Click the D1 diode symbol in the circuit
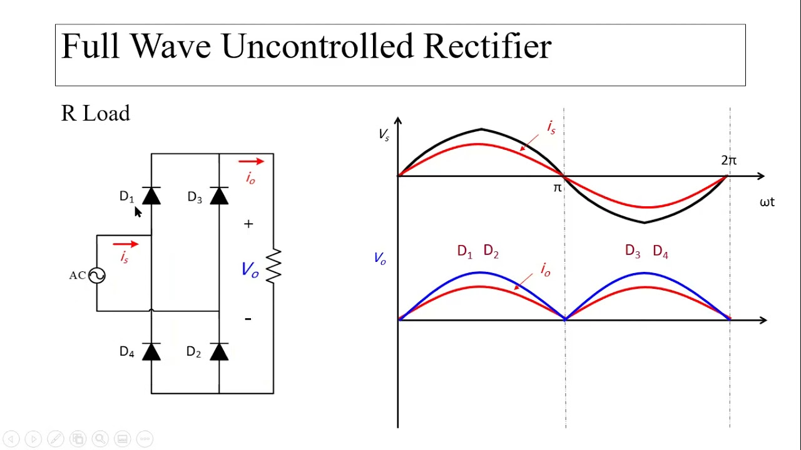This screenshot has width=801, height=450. (x=151, y=196)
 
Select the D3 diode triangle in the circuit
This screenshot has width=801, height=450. (x=219, y=196)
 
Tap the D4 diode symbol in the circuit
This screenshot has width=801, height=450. (x=151, y=351)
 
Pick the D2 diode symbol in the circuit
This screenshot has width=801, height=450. (x=219, y=351)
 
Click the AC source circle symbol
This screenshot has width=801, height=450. (x=97, y=276)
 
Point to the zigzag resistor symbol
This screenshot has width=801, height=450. (x=273, y=266)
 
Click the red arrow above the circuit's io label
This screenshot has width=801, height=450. (x=251, y=161)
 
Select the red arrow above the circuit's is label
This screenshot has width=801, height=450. (x=126, y=244)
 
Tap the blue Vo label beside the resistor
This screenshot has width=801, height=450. (x=250, y=269)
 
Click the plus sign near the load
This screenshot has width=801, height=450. (x=248, y=224)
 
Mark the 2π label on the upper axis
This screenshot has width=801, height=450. (x=729, y=161)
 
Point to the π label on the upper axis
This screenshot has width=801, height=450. (x=558, y=187)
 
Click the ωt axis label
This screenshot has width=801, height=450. (x=767, y=202)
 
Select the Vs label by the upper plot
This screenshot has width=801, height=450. (x=384, y=135)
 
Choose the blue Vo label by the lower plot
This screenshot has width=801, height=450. (x=380, y=258)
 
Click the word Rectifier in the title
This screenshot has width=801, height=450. (x=487, y=46)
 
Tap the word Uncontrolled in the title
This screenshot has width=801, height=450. (x=318, y=46)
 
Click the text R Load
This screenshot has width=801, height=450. (x=96, y=113)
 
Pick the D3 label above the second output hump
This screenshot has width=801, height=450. (x=633, y=251)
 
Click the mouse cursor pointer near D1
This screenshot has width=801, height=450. (x=138, y=211)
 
